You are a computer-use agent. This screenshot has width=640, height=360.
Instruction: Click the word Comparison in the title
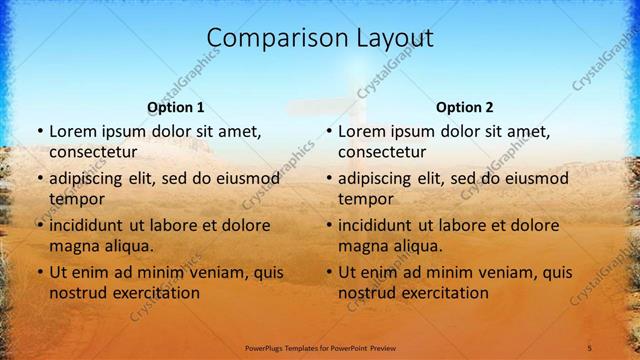(266, 39)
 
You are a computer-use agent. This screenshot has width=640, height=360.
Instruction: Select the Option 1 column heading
(175, 107)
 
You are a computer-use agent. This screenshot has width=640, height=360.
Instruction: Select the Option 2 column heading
(464, 107)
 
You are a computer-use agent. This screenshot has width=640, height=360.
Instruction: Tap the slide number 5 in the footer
(589, 347)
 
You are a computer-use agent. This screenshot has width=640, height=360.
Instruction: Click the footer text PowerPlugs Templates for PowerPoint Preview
(320, 347)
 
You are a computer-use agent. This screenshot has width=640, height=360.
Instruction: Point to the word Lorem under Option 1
(73, 131)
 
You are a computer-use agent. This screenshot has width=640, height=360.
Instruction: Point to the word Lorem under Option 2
(362, 131)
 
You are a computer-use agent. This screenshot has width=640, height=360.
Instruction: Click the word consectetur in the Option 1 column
(93, 152)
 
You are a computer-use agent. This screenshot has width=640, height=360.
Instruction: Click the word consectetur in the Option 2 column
(382, 152)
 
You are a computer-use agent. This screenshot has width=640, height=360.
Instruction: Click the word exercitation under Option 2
(443, 293)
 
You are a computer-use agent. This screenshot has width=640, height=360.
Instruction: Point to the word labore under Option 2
(462, 225)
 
